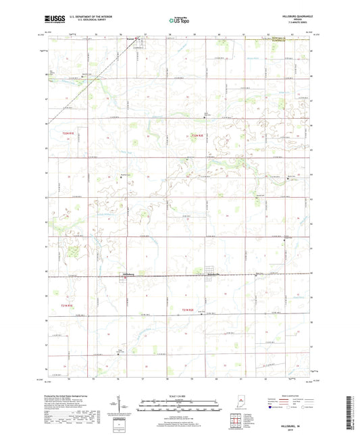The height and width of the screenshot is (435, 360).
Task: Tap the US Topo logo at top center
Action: (179, 20)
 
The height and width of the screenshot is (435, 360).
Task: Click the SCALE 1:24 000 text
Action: (180, 395)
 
